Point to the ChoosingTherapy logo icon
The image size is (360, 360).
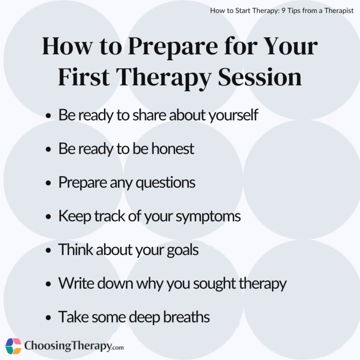[13, 346]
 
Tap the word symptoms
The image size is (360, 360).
[209, 216]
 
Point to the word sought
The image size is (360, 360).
[216, 284]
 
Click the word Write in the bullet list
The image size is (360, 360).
[75, 283]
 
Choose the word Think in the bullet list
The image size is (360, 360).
[76, 250]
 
